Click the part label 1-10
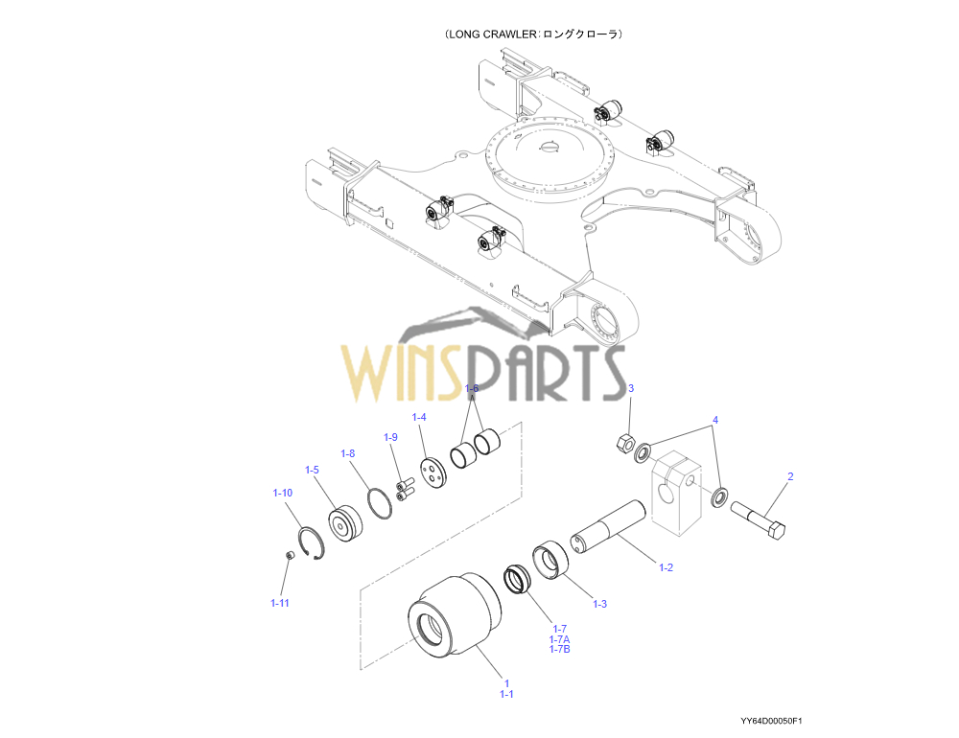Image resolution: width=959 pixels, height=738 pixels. tap(282, 493)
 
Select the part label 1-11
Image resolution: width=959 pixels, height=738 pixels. tap(279, 603)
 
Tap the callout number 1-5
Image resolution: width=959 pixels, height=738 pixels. tap(312, 470)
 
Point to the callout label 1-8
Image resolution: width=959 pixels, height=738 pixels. tap(348, 453)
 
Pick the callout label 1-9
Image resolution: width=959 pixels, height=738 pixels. tap(390, 437)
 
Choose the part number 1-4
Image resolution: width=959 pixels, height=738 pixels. tap(419, 417)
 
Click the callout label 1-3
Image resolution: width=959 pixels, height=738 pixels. tap(599, 604)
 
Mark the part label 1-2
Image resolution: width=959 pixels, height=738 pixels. tap(666, 567)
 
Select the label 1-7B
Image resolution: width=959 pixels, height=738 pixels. tap(560, 650)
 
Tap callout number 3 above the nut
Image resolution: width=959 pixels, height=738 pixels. tap(631, 388)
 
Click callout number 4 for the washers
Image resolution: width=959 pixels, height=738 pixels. tap(714, 421)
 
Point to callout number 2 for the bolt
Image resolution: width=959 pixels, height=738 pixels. tap(790, 476)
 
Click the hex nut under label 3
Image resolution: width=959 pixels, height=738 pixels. tap(622, 443)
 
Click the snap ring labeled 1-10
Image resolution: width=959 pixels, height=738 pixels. tap(311, 544)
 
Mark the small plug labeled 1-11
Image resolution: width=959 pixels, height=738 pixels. tap(290, 556)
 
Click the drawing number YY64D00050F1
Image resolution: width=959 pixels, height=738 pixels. tap(771, 721)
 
